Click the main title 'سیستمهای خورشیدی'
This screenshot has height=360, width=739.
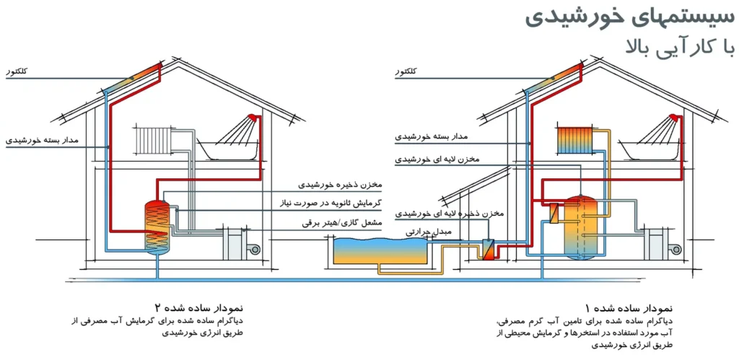click(x=629, y=18)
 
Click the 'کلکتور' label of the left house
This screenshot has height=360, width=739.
click(x=17, y=71)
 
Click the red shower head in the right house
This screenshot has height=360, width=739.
click(x=673, y=118)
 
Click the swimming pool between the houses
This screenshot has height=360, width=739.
click(x=380, y=251)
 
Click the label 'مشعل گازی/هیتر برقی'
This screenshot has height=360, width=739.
click(x=343, y=221)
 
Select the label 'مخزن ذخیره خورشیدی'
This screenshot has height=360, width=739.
click(x=341, y=184)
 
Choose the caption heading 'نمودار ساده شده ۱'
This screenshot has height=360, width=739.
click(x=629, y=309)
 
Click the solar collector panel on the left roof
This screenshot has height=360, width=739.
click(x=131, y=76)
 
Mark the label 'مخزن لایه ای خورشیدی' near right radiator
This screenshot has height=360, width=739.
click(x=437, y=159)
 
